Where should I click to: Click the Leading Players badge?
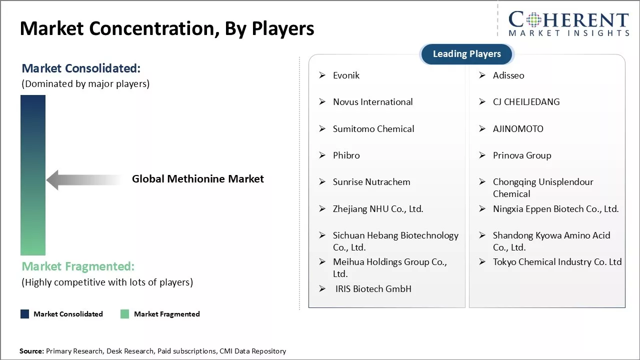467,54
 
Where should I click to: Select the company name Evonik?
346,75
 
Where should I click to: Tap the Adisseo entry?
508,75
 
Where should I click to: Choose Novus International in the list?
372,102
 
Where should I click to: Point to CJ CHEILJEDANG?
526,102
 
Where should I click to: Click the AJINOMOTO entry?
518,129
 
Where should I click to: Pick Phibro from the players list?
346,155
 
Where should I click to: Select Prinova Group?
522,155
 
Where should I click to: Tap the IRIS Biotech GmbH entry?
373,289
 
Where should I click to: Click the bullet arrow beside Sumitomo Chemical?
322,128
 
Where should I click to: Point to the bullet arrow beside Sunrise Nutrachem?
322,181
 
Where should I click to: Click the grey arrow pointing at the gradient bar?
84,180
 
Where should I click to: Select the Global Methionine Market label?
197,179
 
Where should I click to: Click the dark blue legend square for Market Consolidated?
25,314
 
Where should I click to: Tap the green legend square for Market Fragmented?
124,314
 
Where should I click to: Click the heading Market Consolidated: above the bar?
81,68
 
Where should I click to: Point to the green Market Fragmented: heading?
78,266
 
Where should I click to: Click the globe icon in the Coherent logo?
533,20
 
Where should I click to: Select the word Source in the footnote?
31,351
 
